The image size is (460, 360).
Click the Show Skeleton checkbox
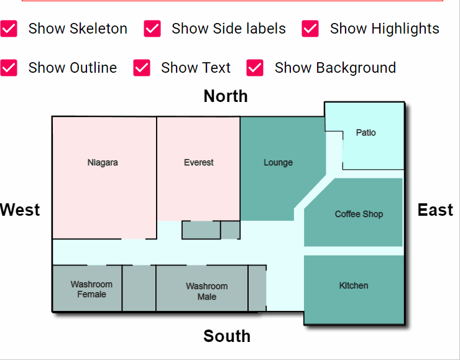(x=9, y=29)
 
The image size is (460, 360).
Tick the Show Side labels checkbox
(x=152, y=29)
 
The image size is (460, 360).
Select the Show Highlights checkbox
(x=310, y=29)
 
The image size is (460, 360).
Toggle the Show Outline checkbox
(x=9, y=68)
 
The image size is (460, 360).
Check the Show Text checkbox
(x=142, y=68)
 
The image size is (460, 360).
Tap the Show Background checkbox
(x=255, y=68)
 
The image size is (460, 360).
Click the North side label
(x=226, y=96)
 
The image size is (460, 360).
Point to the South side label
(x=227, y=336)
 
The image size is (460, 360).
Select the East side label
(x=435, y=210)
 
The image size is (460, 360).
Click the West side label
(x=20, y=210)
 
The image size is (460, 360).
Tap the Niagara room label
(x=103, y=162)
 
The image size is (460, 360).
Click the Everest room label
(x=199, y=162)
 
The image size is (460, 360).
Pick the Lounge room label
(x=278, y=162)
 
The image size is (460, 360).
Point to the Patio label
(x=366, y=132)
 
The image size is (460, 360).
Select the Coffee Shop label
(x=359, y=214)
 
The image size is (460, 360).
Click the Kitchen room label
(x=354, y=285)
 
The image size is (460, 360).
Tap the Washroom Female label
(x=91, y=289)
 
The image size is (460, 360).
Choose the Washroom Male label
(x=207, y=292)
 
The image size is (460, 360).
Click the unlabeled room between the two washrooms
(x=139, y=288)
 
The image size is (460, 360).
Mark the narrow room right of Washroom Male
(x=257, y=288)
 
